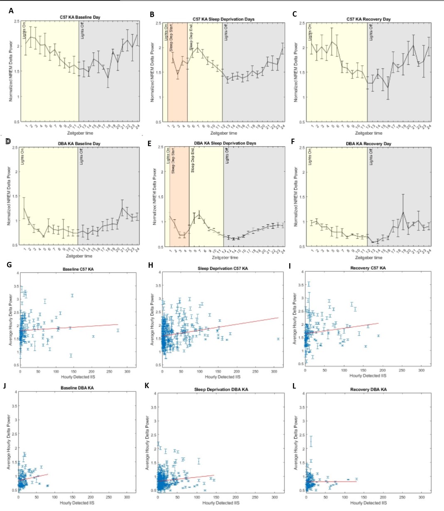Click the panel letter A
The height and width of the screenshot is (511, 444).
pyautogui.click(x=11, y=11)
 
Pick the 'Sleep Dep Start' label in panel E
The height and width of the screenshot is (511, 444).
pyautogui.click(x=173, y=160)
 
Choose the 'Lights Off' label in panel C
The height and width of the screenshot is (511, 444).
pyautogui.click(x=371, y=32)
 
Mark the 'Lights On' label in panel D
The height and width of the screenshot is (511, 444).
pyautogui.click(x=22, y=157)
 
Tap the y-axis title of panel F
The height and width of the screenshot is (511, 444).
pyautogui.click(x=296, y=197)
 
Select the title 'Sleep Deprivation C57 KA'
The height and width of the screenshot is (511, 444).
pyautogui.click(x=223, y=269)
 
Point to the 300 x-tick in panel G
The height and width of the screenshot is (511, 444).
pyautogui.click(x=127, y=372)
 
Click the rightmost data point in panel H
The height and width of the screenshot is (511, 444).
pyautogui.click(x=278, y=339)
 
